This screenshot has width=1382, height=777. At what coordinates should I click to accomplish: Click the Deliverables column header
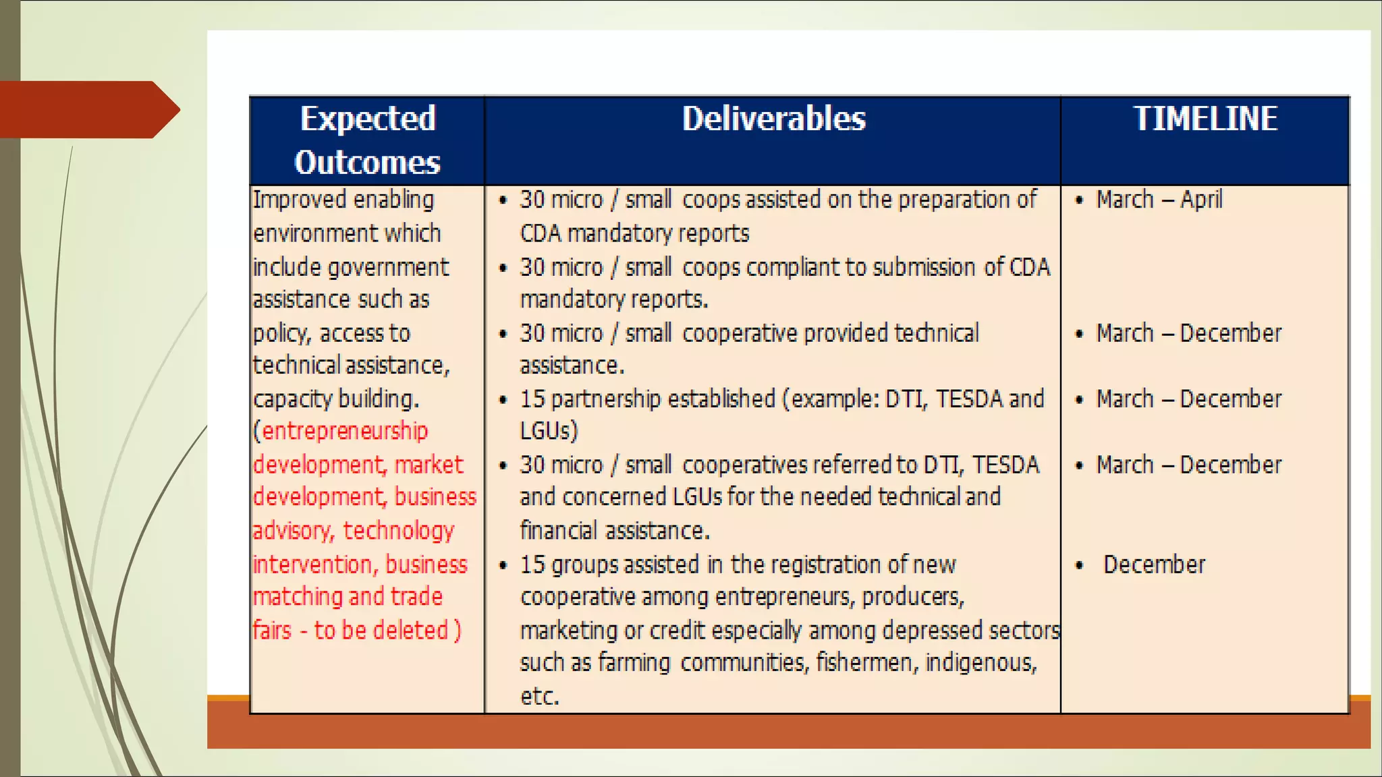pos(773,119)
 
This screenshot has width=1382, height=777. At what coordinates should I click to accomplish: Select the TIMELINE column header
pos(1205,119)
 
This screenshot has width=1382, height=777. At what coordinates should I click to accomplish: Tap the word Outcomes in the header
pos(367,163)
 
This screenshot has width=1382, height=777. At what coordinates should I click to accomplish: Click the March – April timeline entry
pos(1159,200)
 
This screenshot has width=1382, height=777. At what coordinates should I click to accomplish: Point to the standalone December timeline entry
pos(1154,565)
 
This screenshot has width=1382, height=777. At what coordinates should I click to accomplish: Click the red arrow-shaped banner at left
pos(88,109)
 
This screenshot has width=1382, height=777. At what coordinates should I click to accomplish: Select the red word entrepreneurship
pos(345,431)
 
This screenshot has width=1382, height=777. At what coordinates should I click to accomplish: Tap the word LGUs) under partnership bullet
pos(549,431)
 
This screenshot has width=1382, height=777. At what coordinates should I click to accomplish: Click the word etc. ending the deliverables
pos(540,696)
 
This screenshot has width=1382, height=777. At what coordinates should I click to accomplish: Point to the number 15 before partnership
pos(532,399)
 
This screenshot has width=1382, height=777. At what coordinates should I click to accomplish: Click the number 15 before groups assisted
pos(532,565)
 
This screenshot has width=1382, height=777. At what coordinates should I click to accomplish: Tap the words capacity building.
pos(336,399)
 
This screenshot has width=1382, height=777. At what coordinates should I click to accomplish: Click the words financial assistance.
pos(614,531)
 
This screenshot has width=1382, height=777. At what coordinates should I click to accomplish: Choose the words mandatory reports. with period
pos(613,299)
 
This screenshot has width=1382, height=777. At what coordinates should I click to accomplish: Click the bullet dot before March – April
pos(1080,200)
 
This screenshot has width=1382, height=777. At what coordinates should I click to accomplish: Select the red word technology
pos(399,531)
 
